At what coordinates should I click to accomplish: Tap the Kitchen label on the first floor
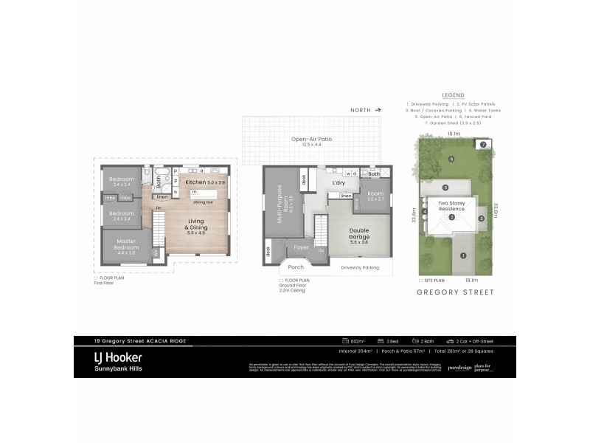[196, 182]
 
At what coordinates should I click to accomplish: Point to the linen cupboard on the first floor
[162, 197]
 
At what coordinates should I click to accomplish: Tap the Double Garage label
[358, 234]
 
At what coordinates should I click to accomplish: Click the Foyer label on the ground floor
[301, 247]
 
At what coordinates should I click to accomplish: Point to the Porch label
[296, 267]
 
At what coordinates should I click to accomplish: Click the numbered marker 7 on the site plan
[482, 145]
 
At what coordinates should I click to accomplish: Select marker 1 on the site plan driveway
[463, 256]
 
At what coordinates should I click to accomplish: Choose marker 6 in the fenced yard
[451, 159]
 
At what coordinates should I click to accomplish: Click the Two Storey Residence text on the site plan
[452, 205]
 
